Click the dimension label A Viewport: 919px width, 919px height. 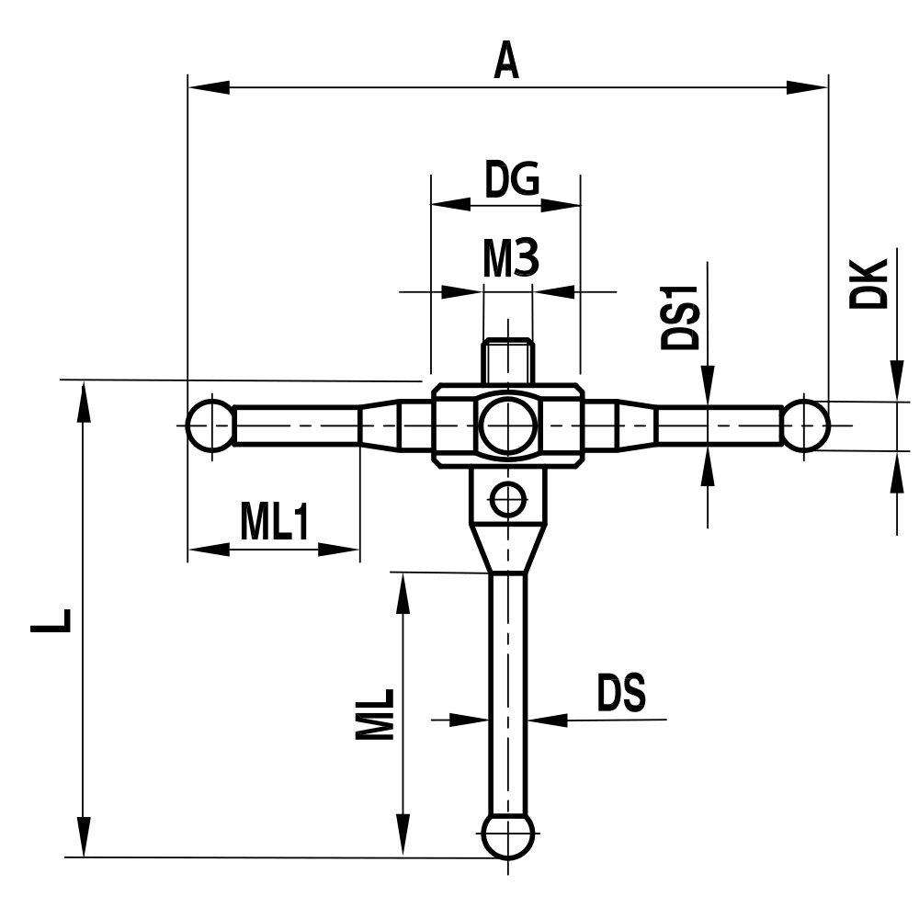507,61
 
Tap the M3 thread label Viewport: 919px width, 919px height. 510,261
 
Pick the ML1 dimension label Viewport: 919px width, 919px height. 275,523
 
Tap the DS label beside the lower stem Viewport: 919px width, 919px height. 622,695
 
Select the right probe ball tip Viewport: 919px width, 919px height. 806,425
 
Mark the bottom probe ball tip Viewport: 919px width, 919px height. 507,834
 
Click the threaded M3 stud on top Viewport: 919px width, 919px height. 507,360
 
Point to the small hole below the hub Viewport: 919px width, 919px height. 507,500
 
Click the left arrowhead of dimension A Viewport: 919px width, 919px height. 207,88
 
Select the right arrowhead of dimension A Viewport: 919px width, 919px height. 809,88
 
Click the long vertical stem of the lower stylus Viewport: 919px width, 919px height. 507,689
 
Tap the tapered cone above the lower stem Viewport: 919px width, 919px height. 507,547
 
